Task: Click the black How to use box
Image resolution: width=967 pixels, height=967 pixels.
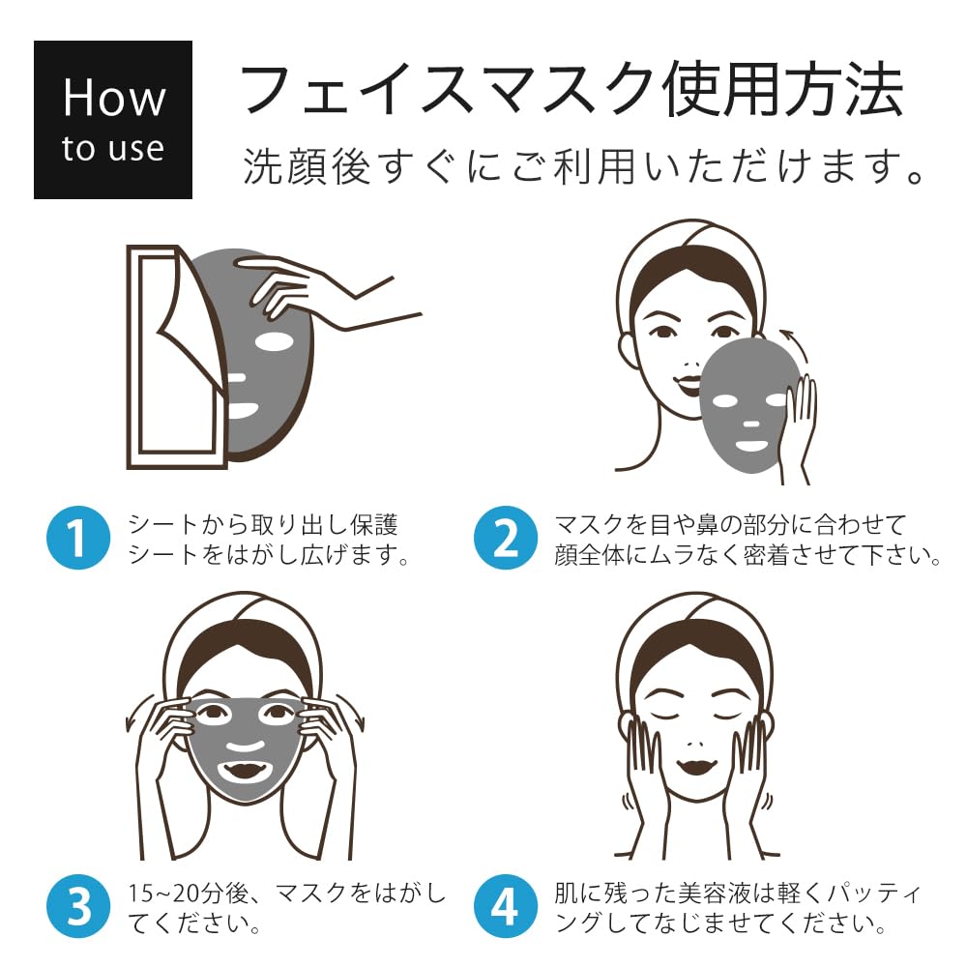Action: pos(112,120)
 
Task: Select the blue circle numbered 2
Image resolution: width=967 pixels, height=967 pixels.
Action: pos(506,538)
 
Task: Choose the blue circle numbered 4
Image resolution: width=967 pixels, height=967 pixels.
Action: pos(506,906)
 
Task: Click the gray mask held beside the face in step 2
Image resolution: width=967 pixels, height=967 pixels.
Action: pos(749,401)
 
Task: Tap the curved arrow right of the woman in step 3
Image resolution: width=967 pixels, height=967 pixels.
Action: pos(355,713)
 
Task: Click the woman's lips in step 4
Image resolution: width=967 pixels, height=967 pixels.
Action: pos(693,769)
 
